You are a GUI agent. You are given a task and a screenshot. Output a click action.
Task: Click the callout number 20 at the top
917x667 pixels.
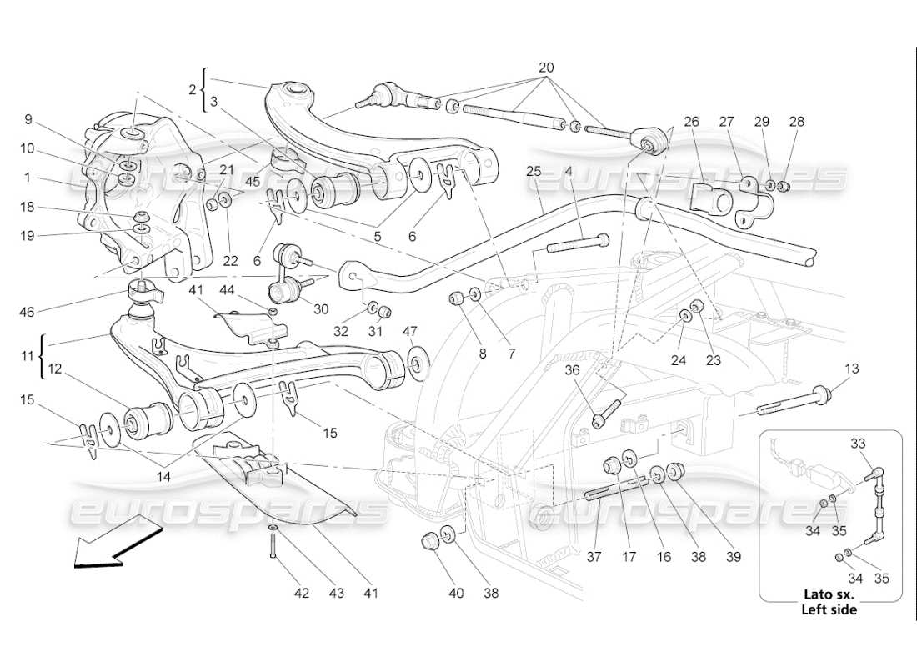[x=546, y=67]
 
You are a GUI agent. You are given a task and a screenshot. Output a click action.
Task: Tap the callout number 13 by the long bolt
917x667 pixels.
[x=851, y=368]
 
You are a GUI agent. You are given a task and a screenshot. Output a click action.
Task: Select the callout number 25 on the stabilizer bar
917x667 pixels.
[x=534, y=172]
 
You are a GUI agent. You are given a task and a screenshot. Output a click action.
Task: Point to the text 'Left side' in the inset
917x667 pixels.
[x=829, y=609]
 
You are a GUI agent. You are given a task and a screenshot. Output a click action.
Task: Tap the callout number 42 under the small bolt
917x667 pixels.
[x=301, y=594]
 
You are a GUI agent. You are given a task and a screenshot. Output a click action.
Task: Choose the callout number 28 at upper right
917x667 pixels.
[x=798, y=122]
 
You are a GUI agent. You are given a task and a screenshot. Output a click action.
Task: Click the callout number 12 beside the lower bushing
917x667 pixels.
[x=53, y=368]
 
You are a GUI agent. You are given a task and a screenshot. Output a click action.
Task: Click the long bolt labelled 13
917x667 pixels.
[x=792, y=399]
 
